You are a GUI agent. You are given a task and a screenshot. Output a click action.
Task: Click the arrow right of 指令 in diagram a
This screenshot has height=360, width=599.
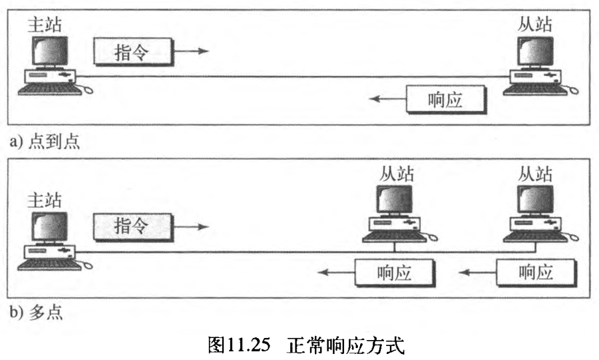tap(194, 51)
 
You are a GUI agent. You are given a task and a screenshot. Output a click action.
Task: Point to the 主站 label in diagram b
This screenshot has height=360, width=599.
tap(46, 200)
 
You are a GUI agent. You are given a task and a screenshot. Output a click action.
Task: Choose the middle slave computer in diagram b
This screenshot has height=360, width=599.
tap(397, 214)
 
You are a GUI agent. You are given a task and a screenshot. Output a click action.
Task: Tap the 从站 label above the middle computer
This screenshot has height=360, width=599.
tap(397, 174)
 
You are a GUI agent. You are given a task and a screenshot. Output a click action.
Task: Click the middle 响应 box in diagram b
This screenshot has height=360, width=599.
tap(394, 273)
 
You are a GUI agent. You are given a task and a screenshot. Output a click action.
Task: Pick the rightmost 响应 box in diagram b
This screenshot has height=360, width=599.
tap(535, 273)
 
